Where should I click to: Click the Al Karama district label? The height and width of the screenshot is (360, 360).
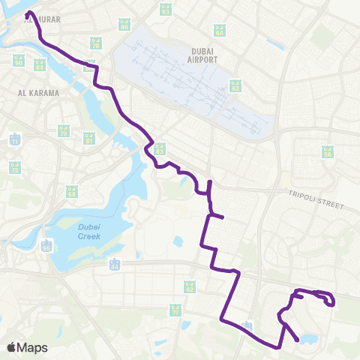click(32, 94)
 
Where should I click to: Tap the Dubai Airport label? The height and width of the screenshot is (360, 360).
click(199, 55)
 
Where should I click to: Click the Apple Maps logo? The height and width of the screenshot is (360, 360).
click(28, 347)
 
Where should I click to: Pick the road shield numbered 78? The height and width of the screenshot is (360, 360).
click(95, 43)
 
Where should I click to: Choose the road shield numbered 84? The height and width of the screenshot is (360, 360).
click(40, 64)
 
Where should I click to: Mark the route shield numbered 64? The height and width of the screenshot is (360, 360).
click(220, 31)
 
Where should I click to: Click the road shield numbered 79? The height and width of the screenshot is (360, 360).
click(64, 130)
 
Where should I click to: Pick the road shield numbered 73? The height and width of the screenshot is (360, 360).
click(14, 168)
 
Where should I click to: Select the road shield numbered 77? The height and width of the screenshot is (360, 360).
click(175, 309)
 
